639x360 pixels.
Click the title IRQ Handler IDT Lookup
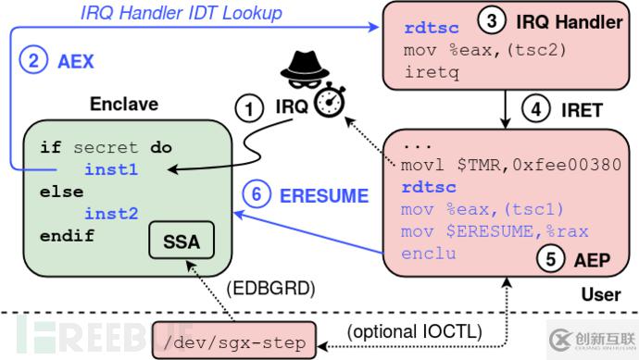tap(181, 13)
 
